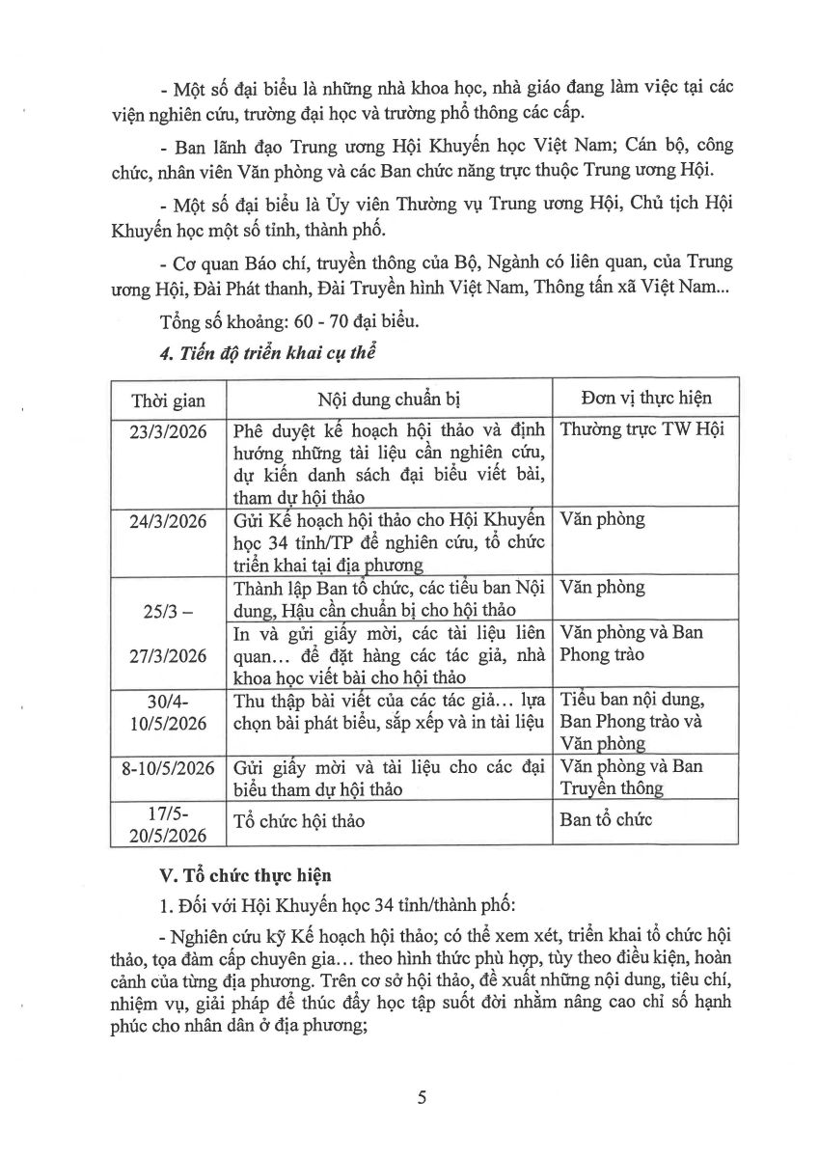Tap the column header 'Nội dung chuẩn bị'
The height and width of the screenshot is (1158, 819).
(x=387, y=400)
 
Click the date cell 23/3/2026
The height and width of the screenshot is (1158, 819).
(x=168, y=431)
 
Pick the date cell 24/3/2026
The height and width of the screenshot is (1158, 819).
(x=168, y=520)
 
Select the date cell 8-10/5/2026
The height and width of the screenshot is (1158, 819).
(x=168, y=768)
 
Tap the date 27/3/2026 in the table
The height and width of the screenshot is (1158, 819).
(x=168, y=656)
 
